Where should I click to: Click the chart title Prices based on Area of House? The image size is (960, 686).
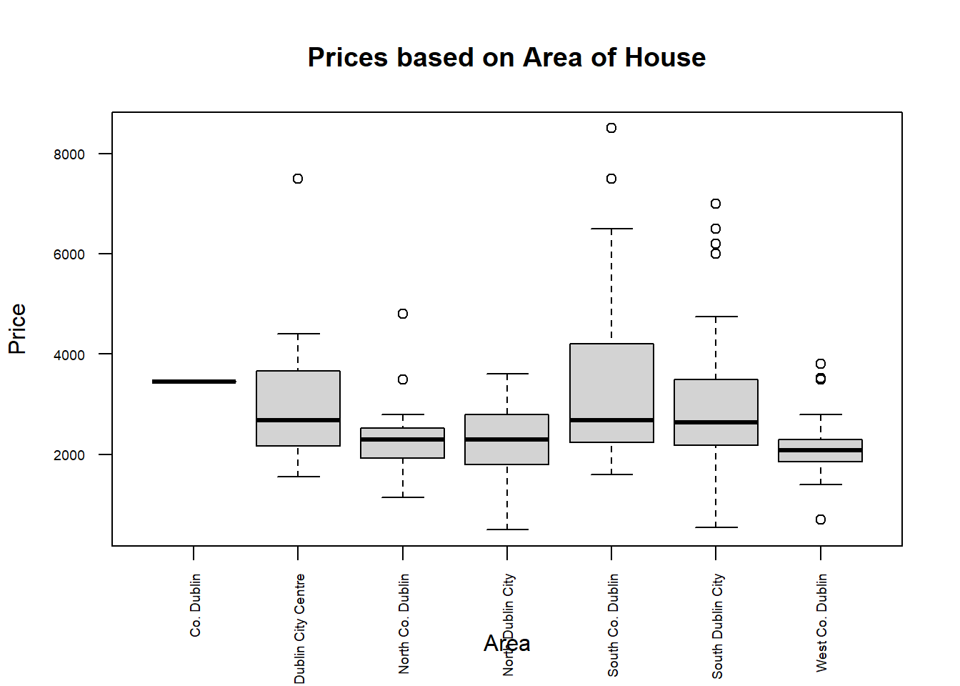[x=506, y=57]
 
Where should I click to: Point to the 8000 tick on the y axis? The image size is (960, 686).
[x=69, y=154]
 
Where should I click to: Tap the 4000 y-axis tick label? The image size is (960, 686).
[x=69, y=355]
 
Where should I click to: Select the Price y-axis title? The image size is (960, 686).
[x=17, y=329]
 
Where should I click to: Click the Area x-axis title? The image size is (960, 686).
[x=506, y=643]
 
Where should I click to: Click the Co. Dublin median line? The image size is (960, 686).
[x=194, y=382]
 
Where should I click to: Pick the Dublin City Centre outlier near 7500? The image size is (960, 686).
[x=298, y=179]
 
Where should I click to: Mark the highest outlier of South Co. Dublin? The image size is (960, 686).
[x=611, y=128]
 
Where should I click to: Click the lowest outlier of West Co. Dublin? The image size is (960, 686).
[x=821, y=520]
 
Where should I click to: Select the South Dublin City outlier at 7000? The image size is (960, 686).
[x=716, y=204]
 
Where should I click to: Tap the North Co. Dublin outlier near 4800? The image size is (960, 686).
[x=403, y=314]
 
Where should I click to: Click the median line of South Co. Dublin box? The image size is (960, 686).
[x=611, y=420]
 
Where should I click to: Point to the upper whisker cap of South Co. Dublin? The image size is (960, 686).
[x=611, y=229]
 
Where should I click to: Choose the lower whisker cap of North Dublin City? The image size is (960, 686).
[x=507, y=530]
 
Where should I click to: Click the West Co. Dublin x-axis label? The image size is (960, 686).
[x=821, y=622]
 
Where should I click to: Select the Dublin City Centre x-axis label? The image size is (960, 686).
[x=299, y=627]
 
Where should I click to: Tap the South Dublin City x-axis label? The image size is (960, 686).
[x=717, y=625]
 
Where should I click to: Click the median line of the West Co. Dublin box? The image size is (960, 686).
[x=821, y=450]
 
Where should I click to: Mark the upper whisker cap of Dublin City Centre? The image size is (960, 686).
[x=298, y=334]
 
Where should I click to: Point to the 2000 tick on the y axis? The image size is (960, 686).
[x=69, y=455]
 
